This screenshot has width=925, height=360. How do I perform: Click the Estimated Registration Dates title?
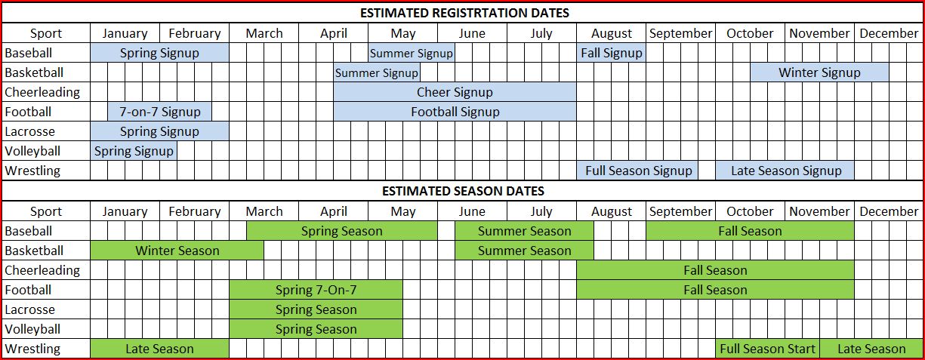tap(464, 13)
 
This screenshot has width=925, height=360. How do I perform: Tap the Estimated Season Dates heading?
tap(463, 191)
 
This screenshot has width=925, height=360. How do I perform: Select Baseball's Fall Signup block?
tap(611, 53)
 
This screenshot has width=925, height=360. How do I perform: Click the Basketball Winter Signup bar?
tap(819, 72)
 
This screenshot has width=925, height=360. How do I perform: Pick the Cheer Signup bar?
tap(455, 92)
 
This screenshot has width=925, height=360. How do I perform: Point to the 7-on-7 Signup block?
tap(159, 112)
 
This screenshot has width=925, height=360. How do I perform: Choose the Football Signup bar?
tap(455, 112)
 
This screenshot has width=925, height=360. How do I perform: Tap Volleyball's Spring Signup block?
tap(134, 151)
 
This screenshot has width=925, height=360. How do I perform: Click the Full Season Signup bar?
tap(637, 171)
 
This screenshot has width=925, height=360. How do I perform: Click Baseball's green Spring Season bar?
tap(342, 231)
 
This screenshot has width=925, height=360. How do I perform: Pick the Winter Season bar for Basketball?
tap(177, 251)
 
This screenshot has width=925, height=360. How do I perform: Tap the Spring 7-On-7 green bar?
tap(316, 290)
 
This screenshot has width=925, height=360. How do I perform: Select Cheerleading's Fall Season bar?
tap(715, 270)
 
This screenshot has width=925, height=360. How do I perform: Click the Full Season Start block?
tap(768, 349)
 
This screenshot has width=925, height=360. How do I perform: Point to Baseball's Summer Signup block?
tap(412, 53)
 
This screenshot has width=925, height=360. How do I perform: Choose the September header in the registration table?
tap(680, 33)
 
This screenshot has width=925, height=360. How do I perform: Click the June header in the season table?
tap(472, 211)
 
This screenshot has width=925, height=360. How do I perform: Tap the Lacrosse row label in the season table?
tap(29, 309)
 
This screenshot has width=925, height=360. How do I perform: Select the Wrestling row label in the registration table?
tap(32, 171)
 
